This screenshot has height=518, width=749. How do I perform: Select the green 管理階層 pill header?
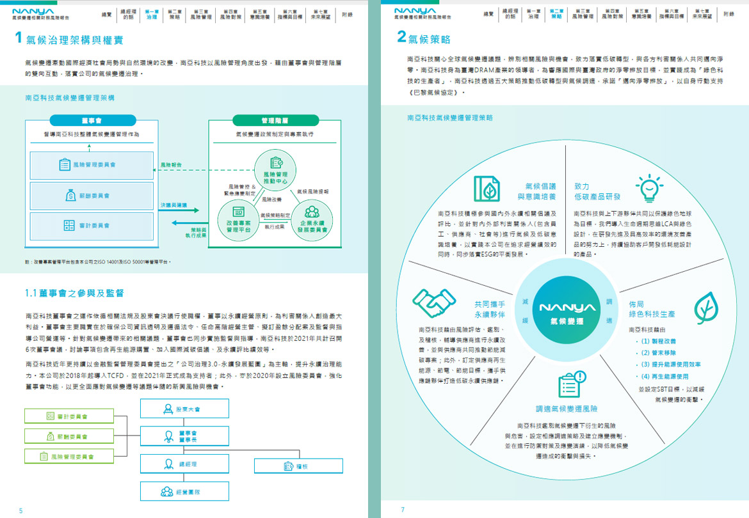point(275,120)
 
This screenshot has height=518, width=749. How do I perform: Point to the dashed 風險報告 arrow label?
point(172,165)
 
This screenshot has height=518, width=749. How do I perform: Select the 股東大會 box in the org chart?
point(184,409)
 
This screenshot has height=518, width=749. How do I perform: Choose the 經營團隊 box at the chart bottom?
point(184,492)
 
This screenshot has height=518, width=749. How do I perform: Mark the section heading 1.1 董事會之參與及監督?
point(74,293)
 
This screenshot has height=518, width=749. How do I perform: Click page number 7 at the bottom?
point(403,510)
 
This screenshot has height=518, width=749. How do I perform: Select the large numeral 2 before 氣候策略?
point(402,37)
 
